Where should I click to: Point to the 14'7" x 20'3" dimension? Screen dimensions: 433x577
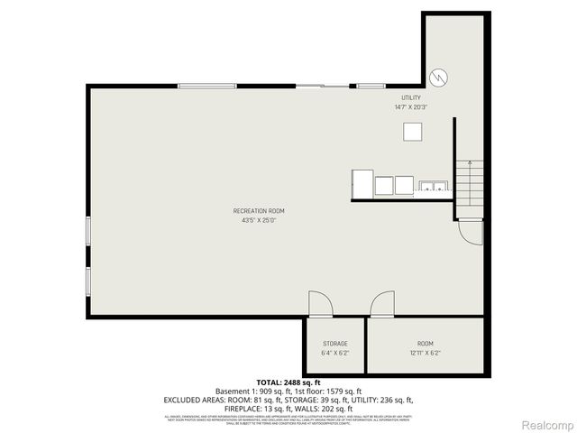411,107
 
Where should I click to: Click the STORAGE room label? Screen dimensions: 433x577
335,344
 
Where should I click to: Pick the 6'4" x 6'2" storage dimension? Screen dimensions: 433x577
335,353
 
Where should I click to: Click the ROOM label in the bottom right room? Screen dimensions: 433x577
425,344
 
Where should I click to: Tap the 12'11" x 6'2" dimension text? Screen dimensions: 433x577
425,353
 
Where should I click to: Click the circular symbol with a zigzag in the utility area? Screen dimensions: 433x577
438,77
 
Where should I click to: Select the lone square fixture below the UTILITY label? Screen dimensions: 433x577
413,132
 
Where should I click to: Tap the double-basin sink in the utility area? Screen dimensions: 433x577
433,187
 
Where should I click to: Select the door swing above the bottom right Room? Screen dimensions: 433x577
382,304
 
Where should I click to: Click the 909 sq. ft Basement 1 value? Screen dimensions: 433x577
271,391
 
